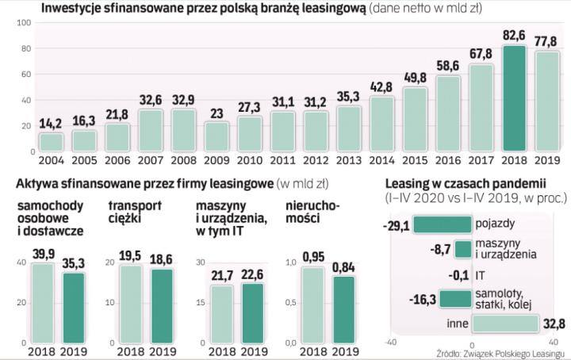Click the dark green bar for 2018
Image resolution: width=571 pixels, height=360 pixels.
pyautogui.click(x=514, y=98)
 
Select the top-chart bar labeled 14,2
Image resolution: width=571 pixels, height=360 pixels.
pyautogui.click(x=51, y=141)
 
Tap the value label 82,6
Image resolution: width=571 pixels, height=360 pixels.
pyautogui.click(x=514, y=36)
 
